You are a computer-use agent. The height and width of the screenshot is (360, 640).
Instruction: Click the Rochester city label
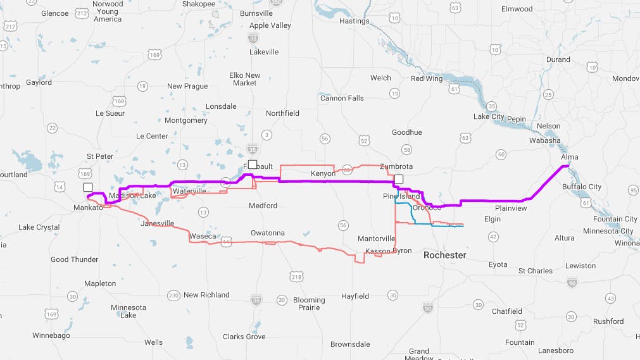(x=444, y=255)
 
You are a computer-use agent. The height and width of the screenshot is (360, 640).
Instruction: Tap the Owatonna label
(x=267, y=233)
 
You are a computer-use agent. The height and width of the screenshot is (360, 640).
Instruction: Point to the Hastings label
(x=354, y=21)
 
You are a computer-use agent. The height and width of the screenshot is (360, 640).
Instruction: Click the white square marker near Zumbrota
(x=399, y=179)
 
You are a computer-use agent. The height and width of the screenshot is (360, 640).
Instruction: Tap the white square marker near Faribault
(x=253, y=164)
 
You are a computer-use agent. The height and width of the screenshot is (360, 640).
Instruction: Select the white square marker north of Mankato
(x=87, y=187)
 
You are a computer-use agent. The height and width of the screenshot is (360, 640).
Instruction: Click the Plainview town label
(x=510, y=208)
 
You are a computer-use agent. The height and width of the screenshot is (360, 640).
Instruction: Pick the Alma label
(x=569, y=157)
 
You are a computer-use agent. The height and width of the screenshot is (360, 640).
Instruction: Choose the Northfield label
(x=282, y=113)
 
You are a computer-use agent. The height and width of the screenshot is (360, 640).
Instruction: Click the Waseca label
(x=203, y=236)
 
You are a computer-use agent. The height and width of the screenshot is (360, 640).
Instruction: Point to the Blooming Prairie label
(x=309, y=304)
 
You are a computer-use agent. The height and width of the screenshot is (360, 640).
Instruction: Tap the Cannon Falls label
(x=342, y=98)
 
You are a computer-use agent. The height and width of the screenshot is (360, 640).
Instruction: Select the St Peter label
(x=100, y=156)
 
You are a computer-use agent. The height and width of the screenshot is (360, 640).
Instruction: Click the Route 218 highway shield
(x=296, y=276)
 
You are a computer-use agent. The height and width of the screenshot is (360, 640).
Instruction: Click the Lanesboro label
(x=555, y=351)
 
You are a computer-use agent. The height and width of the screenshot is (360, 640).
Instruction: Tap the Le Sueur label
(x=110, y=113)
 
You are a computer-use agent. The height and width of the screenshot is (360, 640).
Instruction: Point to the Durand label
(x=558, y=60)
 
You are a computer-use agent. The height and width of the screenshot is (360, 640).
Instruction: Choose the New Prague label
(x=187, y=86)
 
